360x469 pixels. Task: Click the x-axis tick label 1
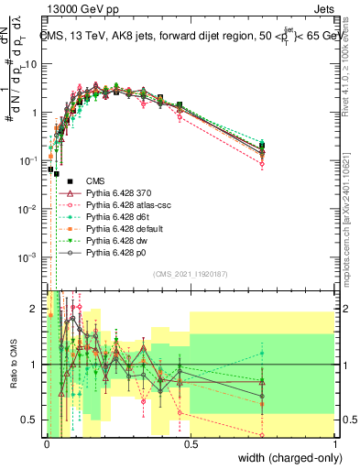(335, 443)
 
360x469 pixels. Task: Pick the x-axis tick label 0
(47, 443)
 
